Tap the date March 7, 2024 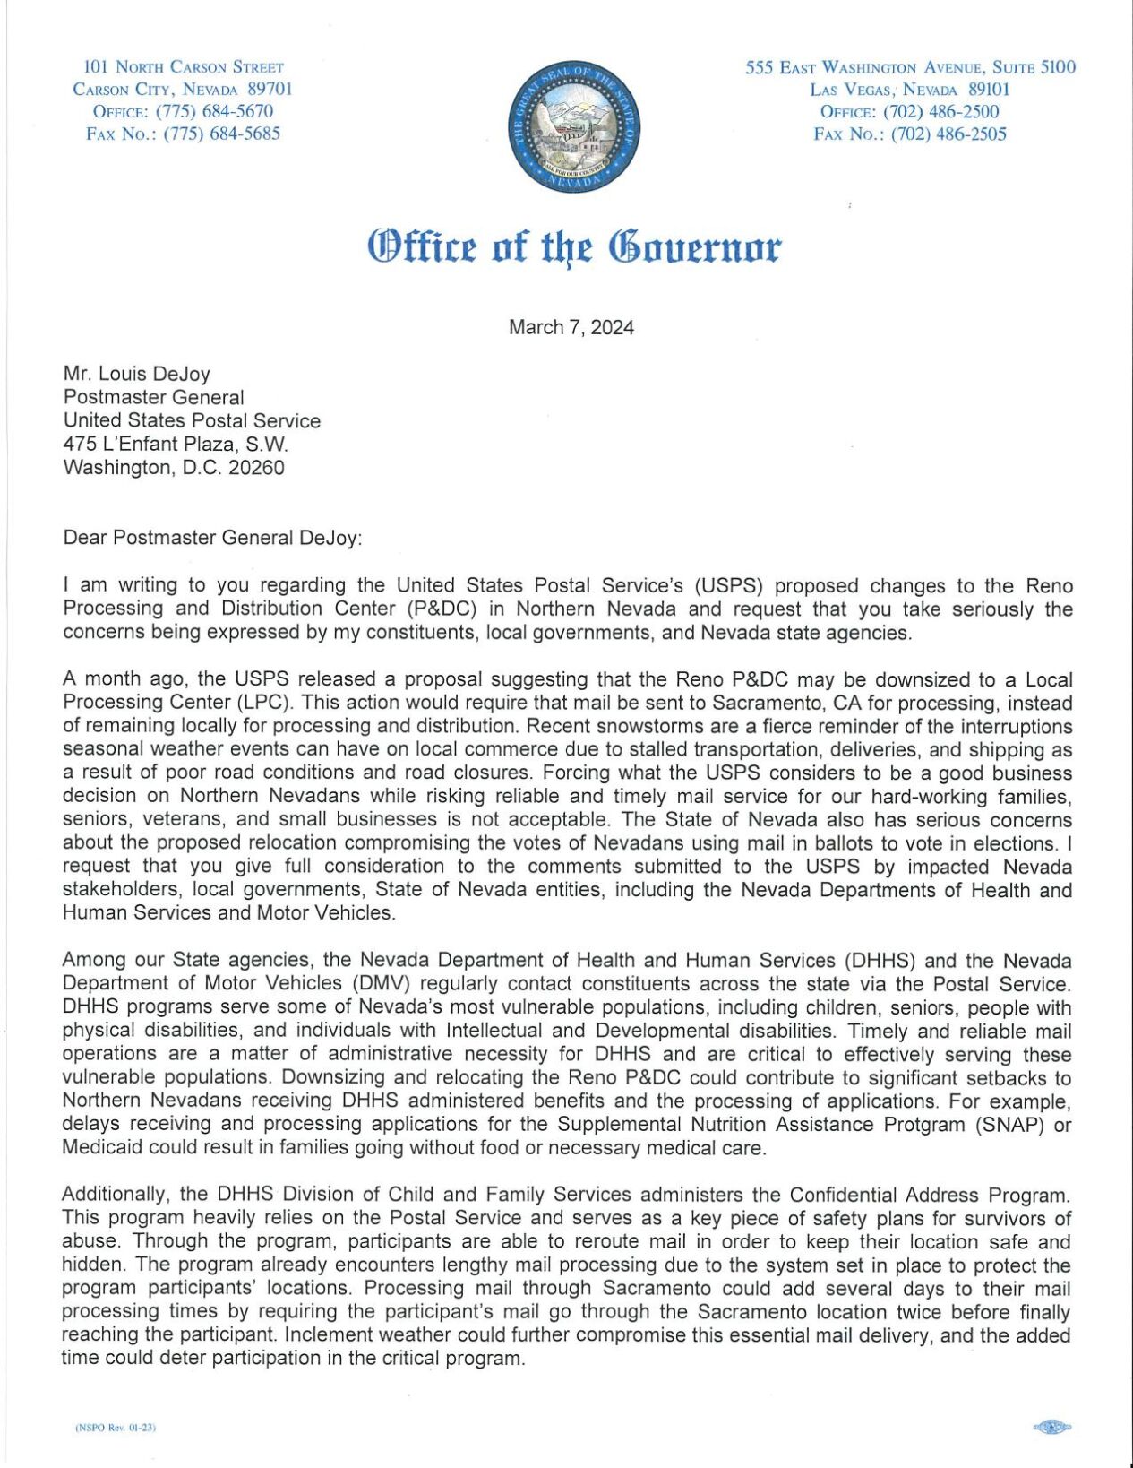(571, 327)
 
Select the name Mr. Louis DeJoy (136, 374)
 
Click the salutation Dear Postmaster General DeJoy (212, 538)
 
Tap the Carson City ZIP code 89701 (269, 89)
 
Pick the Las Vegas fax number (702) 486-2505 (948, 134)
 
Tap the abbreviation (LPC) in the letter (264, 704)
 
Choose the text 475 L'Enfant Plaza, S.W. (176, 444)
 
